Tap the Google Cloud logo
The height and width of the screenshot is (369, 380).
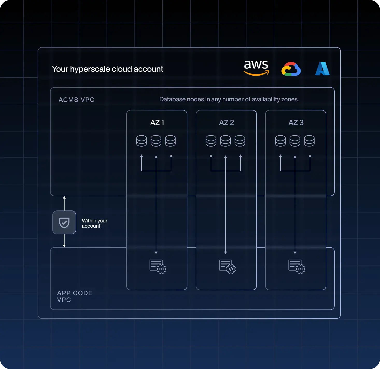[x=291, y=69]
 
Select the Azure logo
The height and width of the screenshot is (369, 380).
[x=322, y=69]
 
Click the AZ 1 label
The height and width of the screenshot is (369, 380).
[x=157, y=123]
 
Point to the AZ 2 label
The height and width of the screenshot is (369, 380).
[x=227, y=123]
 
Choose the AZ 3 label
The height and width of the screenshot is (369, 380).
[x=296, y=123]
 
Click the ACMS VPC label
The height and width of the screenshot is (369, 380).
[x=76, y=100]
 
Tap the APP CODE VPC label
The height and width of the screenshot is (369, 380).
[x=75, y=296]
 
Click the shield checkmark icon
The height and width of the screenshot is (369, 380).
[x=64, y=223]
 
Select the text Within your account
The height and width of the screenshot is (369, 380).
[x=94, y=223]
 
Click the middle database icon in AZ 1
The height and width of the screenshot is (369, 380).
[x=156, y=141]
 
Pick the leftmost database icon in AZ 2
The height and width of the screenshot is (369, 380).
[x=211, y=141]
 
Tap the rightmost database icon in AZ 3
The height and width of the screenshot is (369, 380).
[x=309, y=141]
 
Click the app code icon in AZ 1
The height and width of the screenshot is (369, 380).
[x=158, y=267]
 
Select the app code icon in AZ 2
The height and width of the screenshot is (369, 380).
[x=227, y=267]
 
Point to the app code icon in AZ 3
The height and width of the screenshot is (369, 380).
[x=297, y=267]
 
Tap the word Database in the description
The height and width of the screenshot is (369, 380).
[x=168, y=99]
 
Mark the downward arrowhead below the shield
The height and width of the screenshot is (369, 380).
[x=64, y=246]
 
